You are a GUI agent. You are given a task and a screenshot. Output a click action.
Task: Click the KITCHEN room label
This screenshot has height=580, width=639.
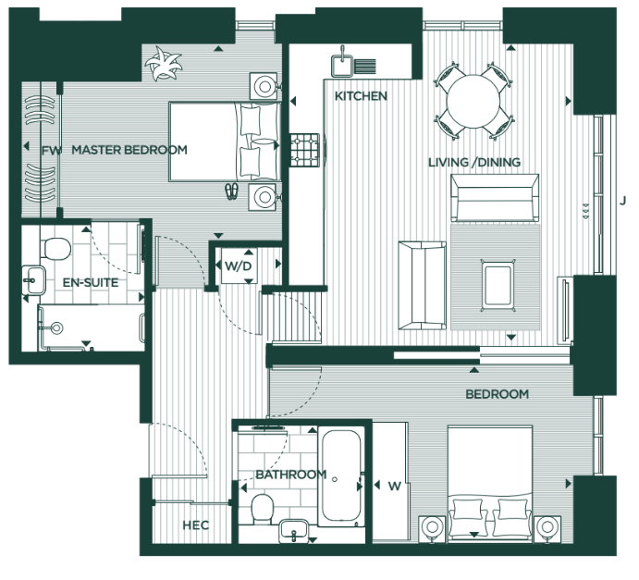pos(361,96)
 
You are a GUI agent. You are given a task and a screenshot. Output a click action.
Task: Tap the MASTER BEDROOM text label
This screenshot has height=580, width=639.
pos(129,150)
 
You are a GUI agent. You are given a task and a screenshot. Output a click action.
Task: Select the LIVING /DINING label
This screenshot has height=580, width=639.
pos(474,163)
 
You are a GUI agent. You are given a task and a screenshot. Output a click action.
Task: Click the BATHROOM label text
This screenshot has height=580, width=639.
pos(291,475)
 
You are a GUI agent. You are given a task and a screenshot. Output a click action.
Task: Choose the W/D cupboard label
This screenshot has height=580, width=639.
pos(238,267)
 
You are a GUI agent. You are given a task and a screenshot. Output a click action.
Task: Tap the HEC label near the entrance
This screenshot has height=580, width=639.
pos(195,525)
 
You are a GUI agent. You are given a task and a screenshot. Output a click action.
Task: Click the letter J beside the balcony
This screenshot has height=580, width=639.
pos(623,200)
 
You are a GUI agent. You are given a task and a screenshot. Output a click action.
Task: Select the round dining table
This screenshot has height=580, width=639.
pos(471,97)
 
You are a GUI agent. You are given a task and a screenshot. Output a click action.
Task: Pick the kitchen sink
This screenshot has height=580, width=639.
pos(341,63)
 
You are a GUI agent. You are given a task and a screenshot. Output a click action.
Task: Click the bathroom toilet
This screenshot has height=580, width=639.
pos(262,506)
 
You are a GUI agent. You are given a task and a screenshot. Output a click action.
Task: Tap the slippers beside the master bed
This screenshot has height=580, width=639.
pos(231,191)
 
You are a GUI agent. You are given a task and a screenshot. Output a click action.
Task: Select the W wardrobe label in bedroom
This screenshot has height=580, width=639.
pos(394,486)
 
